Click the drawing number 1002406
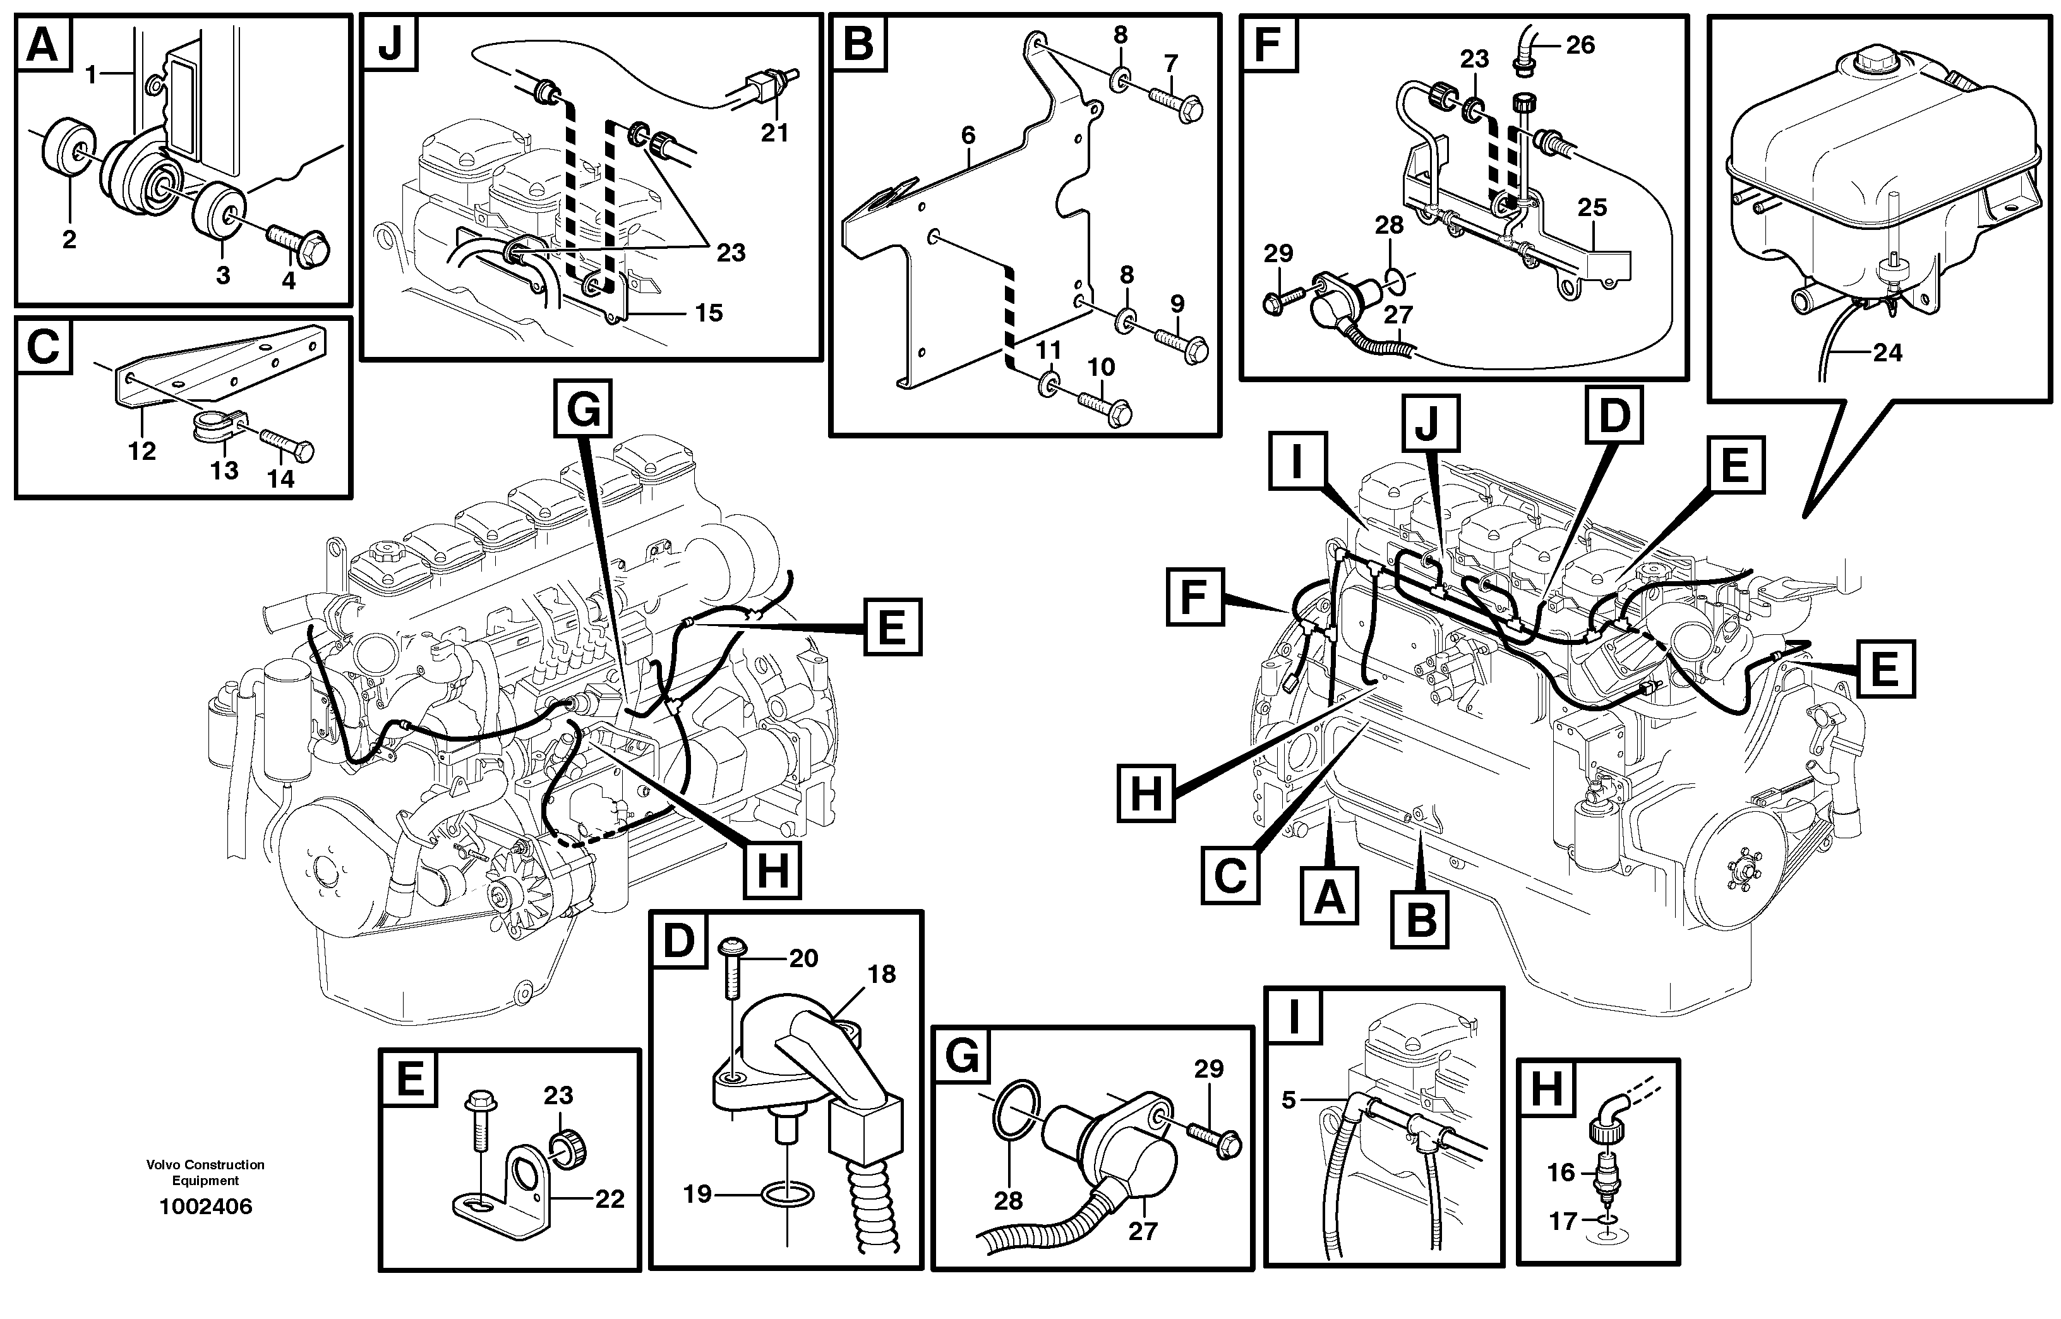205,1207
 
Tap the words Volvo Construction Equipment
205,1172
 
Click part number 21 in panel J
774,133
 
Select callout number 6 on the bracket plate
968,135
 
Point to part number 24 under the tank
1887,352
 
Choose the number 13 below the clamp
224,469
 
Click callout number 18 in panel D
881,974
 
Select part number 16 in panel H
1561,1172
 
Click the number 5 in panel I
1289,1100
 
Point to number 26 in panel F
1580,45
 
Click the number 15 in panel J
708,313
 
